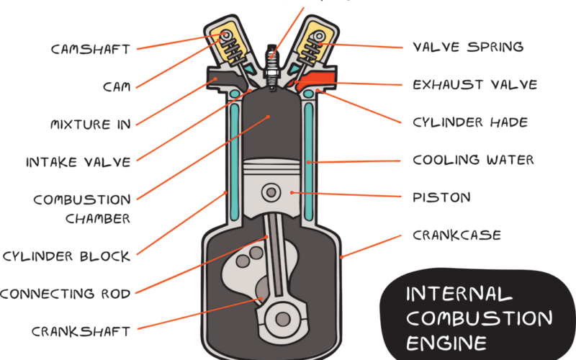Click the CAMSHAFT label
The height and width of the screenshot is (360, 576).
[x=91, y=50]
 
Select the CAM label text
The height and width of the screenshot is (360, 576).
[x=116, y=86]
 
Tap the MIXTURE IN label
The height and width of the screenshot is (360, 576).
[x=91, y=124]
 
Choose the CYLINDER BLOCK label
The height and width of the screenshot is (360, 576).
[x=66, y=256]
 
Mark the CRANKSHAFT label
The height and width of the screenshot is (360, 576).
[x=81, y=331]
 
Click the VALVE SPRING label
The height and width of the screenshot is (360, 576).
[x=468, y=48]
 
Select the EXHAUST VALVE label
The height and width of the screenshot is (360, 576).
[x=474, y=85]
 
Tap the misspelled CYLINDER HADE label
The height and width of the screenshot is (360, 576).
[x=470, y=122]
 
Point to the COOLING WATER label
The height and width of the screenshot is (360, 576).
[x=473, y=160]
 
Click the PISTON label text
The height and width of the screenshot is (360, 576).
[x=441, y=197]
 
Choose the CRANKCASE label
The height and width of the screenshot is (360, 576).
[x=456, y=235]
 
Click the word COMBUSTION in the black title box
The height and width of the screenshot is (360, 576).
[x=479, y=318]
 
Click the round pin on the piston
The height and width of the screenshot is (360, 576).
[x=272, y=192]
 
